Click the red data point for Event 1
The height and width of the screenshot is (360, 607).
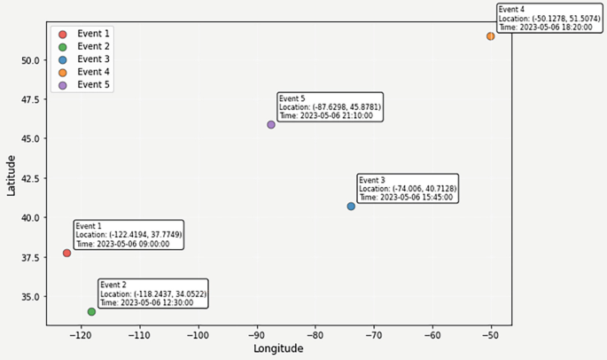(66, 253)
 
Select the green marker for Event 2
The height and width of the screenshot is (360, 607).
(91, 311)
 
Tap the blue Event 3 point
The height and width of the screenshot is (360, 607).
(351, 206)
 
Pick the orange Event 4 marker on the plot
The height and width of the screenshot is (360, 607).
(490, 36)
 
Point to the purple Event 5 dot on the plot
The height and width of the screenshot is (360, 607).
(271, 125)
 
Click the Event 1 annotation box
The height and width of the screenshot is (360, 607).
(128, 235)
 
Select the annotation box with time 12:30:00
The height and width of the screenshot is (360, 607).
(153, 293)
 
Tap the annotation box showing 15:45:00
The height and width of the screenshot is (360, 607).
(408, 189)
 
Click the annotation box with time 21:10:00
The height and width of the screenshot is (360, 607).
(329, 106)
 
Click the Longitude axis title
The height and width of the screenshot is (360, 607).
(278, 348)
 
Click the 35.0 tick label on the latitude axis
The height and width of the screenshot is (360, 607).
(28, 296)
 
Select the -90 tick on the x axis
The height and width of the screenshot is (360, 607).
(256, 335)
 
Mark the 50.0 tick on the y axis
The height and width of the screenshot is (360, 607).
(28, 60)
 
